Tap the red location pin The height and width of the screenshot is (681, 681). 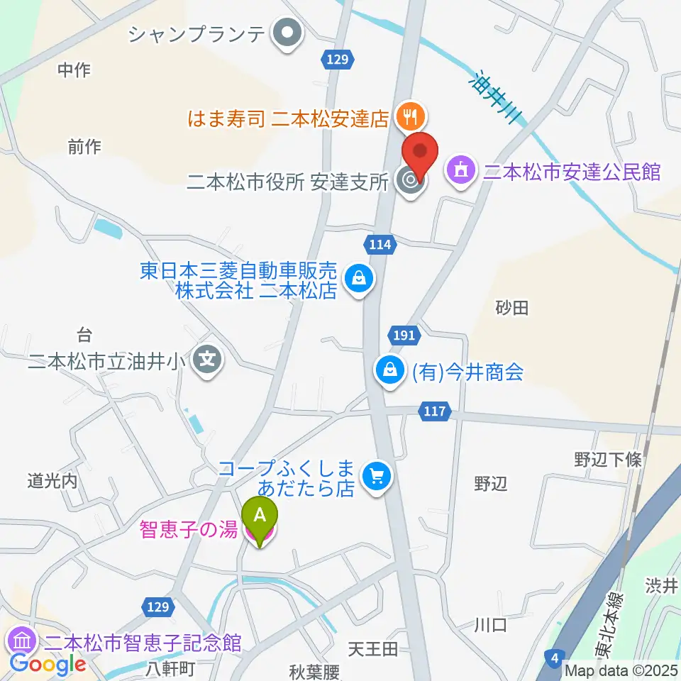point(421,153)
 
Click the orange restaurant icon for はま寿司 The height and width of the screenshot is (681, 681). point(410,113)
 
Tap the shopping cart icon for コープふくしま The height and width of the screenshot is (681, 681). point(376,476)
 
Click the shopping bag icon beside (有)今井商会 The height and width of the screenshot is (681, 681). point(390,370)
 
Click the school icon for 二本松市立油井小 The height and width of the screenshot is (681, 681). point(207,362)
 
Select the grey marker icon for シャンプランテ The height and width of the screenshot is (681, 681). point(288,34)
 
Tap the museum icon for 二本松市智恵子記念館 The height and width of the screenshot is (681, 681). point(21,642)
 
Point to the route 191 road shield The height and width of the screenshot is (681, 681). point(403,336)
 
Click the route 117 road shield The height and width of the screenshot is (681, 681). point(435,411)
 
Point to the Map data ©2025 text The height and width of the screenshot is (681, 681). point(621,670)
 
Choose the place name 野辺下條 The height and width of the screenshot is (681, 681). point(607,459)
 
